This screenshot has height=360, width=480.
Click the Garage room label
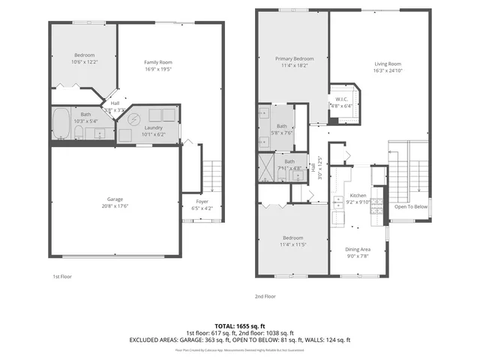(114, 199)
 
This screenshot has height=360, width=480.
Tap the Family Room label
(158, 62)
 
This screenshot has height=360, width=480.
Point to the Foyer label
(202, 201)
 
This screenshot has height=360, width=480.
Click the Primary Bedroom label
(293, 58)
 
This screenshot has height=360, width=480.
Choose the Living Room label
(388, 64)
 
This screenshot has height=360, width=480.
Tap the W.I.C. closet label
(340, 100)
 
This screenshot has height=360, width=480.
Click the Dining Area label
(357, 249)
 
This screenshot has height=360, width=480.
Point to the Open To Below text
(411, 206)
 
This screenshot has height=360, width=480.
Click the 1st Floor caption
(62, 276)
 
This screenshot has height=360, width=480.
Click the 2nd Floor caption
(265, 296)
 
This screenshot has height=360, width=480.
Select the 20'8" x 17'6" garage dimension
(114, 206)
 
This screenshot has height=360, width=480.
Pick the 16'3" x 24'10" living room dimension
(388, 70)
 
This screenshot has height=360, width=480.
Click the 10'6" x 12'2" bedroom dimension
(83, 62)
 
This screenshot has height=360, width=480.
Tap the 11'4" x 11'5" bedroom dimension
(293, 244)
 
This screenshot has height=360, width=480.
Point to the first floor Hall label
(115, 103)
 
